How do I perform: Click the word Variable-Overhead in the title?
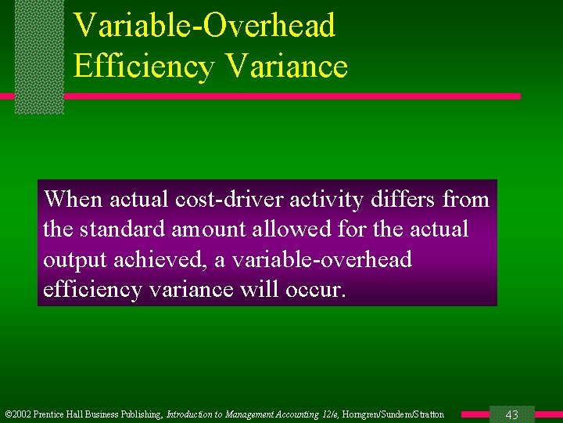[204, 25]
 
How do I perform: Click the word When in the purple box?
[74, 199]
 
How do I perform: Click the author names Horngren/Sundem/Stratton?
[393, 414]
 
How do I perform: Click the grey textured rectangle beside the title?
[39, 56]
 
